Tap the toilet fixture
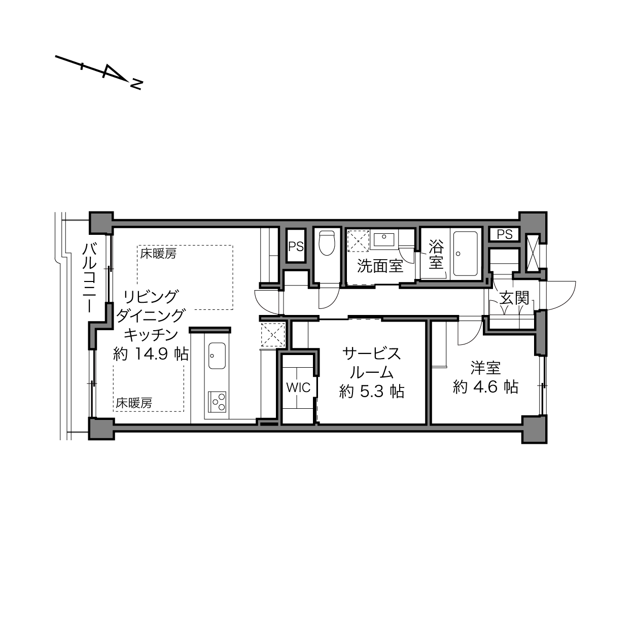[327, 243]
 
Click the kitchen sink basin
[217, 356]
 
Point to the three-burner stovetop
[217, 402]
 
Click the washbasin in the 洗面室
[384, 239]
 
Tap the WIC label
[298, 387]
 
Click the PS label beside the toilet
[296, 246]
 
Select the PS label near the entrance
[505, 234]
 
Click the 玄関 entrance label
[514, 298]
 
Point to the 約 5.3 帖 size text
[372, 392]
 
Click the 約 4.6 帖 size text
[485, 387]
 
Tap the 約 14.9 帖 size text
[151, 354]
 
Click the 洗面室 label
[380, 266]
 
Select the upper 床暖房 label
[158, 254]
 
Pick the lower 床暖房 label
[134, 403]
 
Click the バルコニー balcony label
[89, 278]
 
